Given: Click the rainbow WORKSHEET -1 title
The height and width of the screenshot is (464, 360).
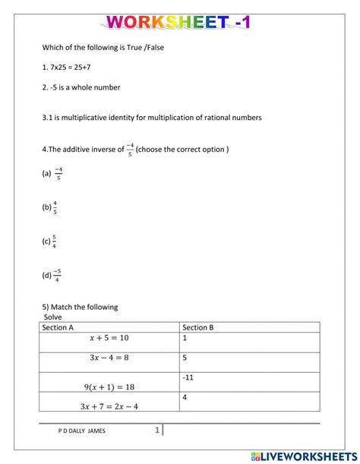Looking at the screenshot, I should point(179,22).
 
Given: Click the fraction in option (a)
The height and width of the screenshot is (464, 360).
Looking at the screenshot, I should point(58,173).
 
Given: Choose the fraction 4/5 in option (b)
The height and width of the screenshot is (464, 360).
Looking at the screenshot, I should point(55,207).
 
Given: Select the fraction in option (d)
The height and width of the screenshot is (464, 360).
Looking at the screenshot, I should point(58,275).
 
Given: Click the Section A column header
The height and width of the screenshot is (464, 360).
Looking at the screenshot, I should point(58,327).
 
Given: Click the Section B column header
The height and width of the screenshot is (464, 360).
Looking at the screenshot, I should point(198,327).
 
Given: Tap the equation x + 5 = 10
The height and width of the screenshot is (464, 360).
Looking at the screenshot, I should point(109,338).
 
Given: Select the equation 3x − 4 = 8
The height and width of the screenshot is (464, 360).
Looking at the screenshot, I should point(109,357).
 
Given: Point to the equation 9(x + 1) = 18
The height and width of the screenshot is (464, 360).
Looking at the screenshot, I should point(109,387).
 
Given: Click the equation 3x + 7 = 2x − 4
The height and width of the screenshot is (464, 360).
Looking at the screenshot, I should point(109,406).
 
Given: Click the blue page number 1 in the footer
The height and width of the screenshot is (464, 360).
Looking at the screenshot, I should point(157,430).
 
